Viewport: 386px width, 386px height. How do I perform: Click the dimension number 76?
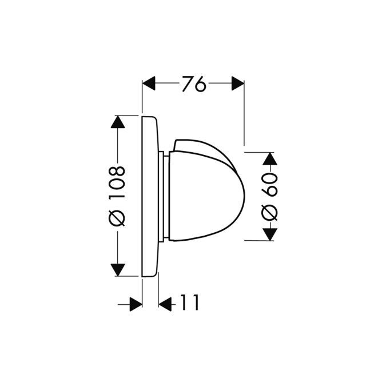tap(193, 84)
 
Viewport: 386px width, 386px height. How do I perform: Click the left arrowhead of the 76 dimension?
tap(149, 84)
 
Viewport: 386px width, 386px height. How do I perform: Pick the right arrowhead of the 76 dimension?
tap(237, 84)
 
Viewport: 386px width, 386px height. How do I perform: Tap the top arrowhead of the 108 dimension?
tap(117, 122)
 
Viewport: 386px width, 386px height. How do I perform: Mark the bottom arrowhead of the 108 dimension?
tap(117, 269)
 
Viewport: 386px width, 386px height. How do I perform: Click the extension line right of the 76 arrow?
tap(244, 114)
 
